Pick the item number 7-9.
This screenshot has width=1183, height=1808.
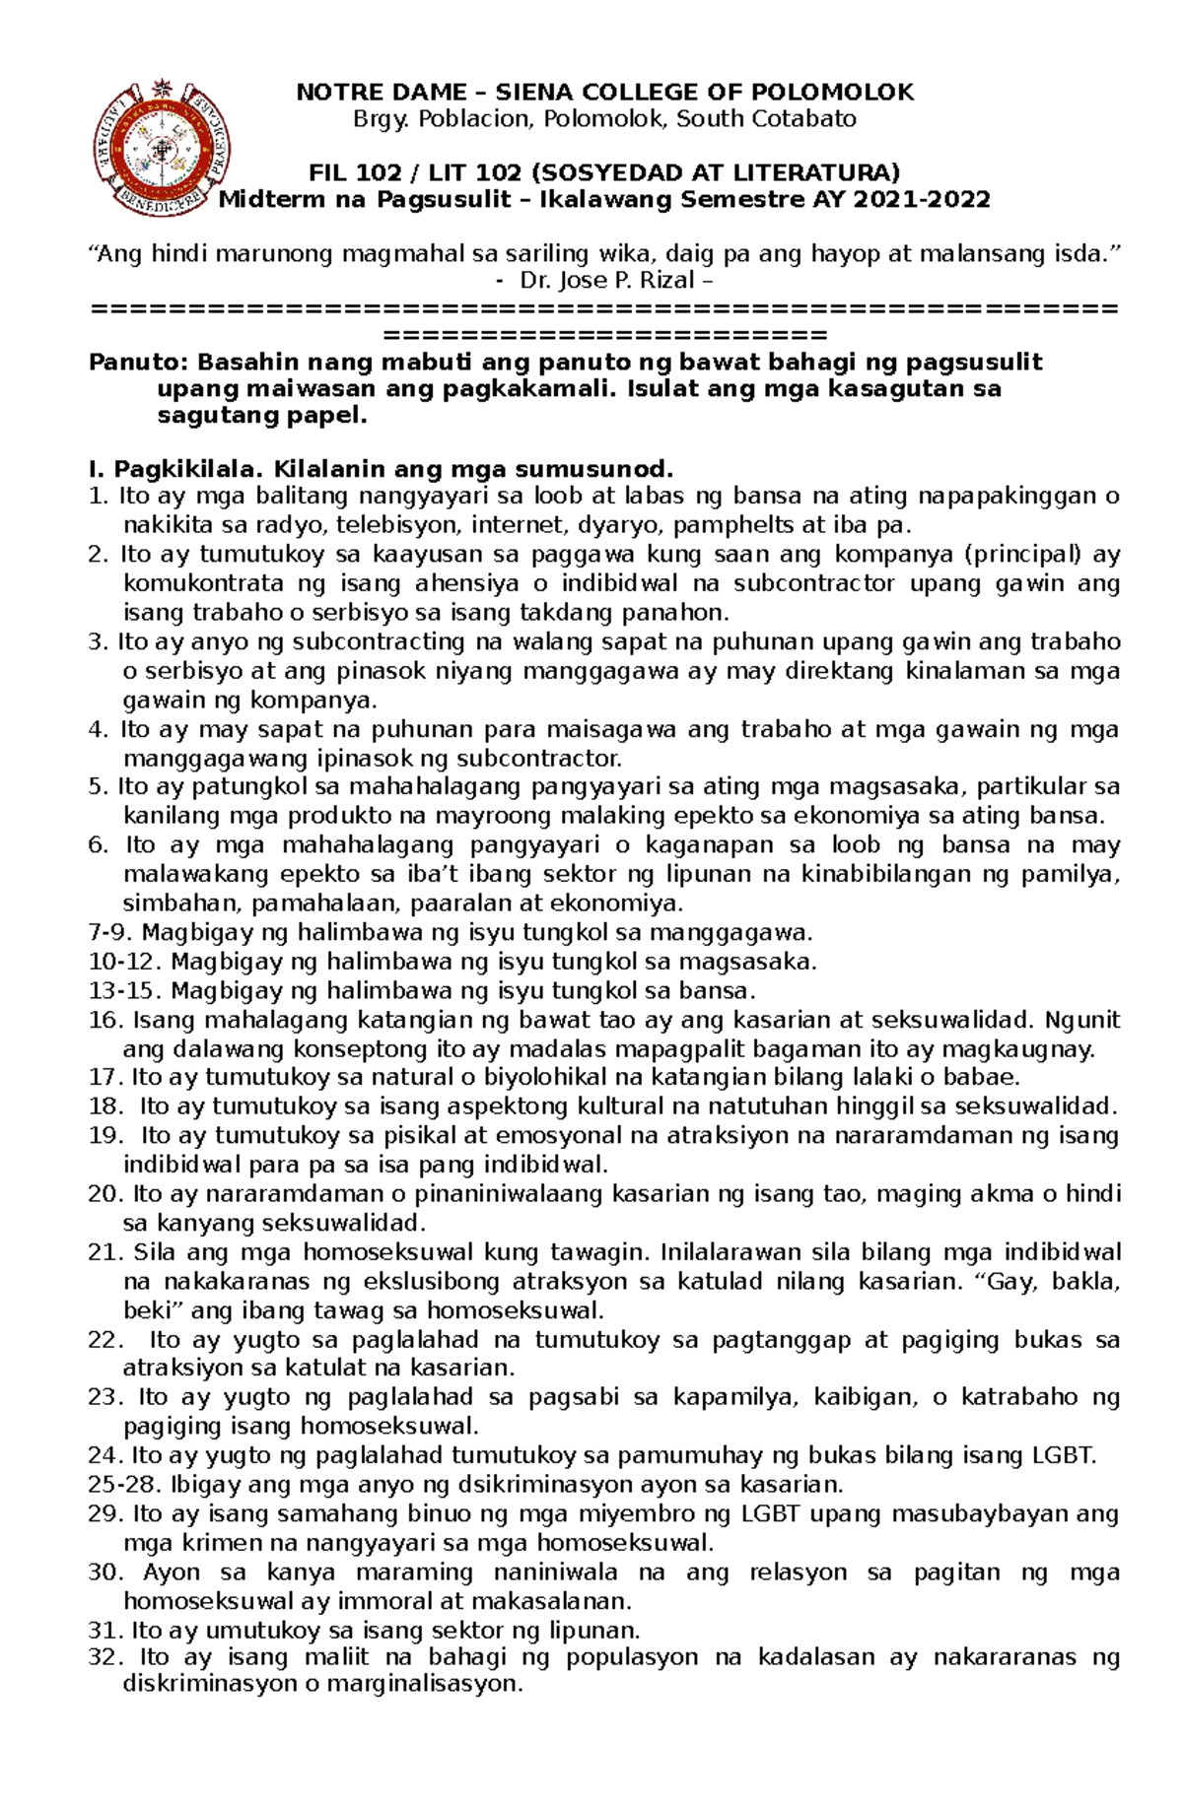pyautogui.click(x=110, y=932)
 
